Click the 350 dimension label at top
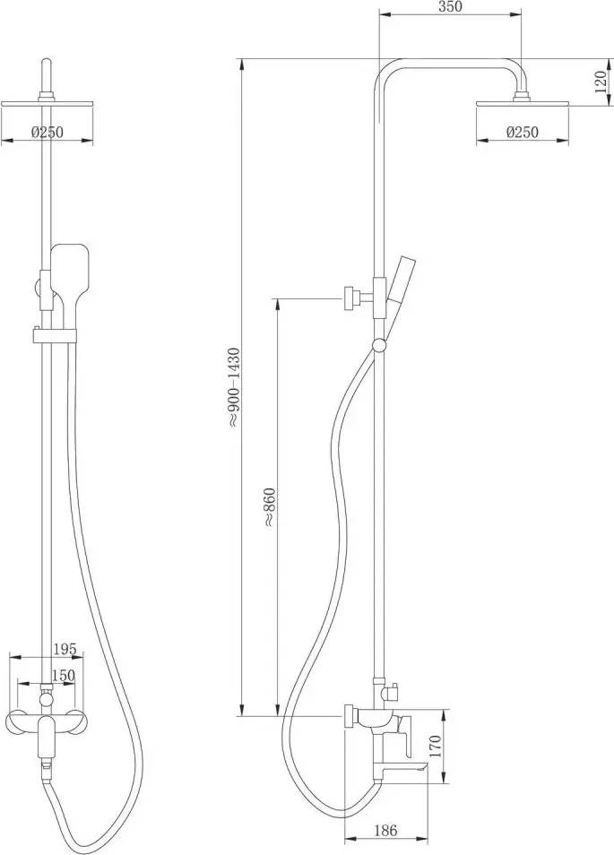(x=450, y=6)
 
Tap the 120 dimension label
(x=601, y=81)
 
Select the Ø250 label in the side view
(x=523, y=132)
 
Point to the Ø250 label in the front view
(x=48, y=132)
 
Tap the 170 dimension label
(x=435, y=746)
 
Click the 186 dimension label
(x=385, y=831)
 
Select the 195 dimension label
(x=65, y=649)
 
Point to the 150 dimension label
(x=63, y=675)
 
